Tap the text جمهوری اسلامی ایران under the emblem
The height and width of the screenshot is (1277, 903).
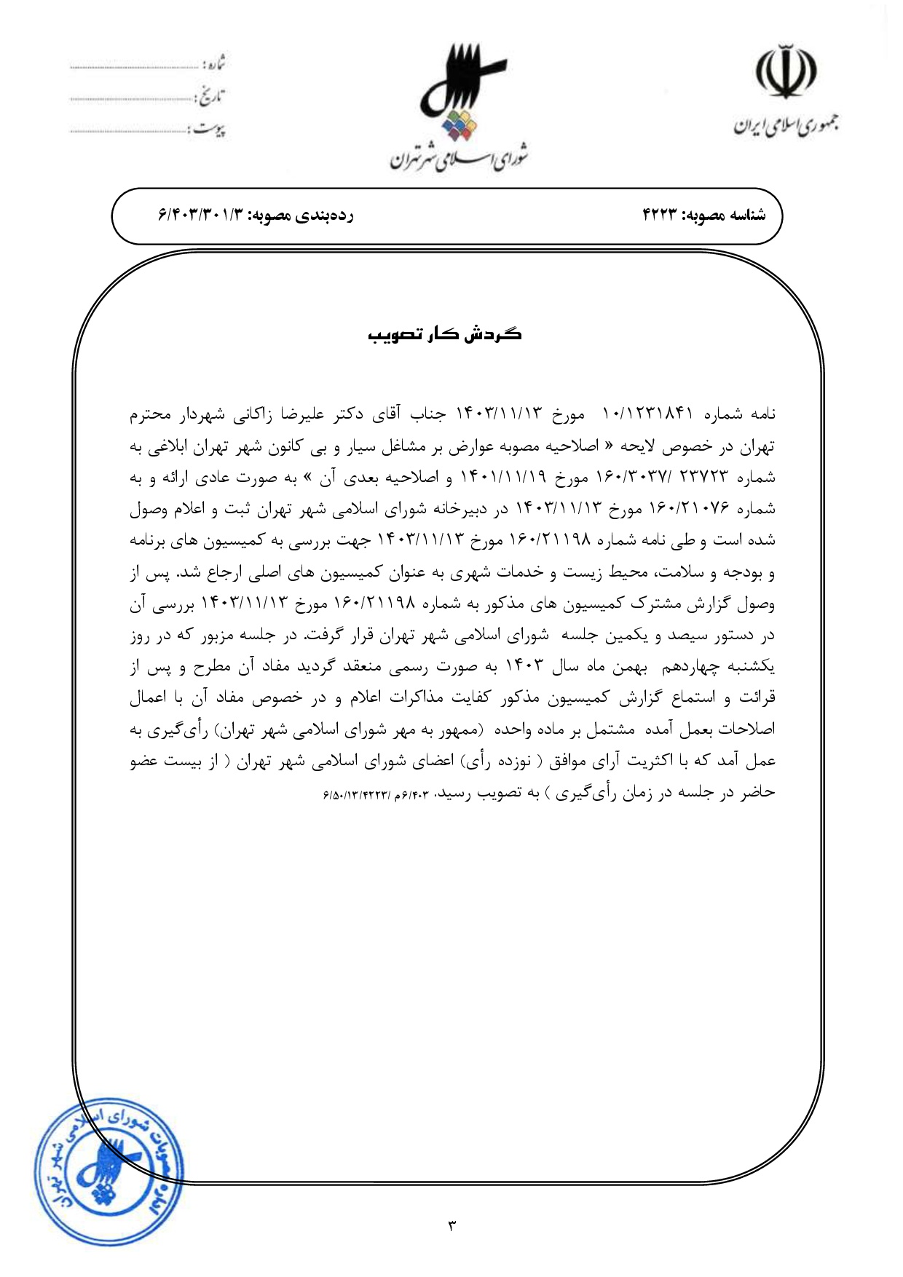[785, 125]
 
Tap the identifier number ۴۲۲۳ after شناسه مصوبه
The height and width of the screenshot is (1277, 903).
[660, 216]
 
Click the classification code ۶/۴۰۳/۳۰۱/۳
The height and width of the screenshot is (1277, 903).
[200, 216]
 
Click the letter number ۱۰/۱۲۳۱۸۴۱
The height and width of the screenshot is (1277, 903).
[647, 414]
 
